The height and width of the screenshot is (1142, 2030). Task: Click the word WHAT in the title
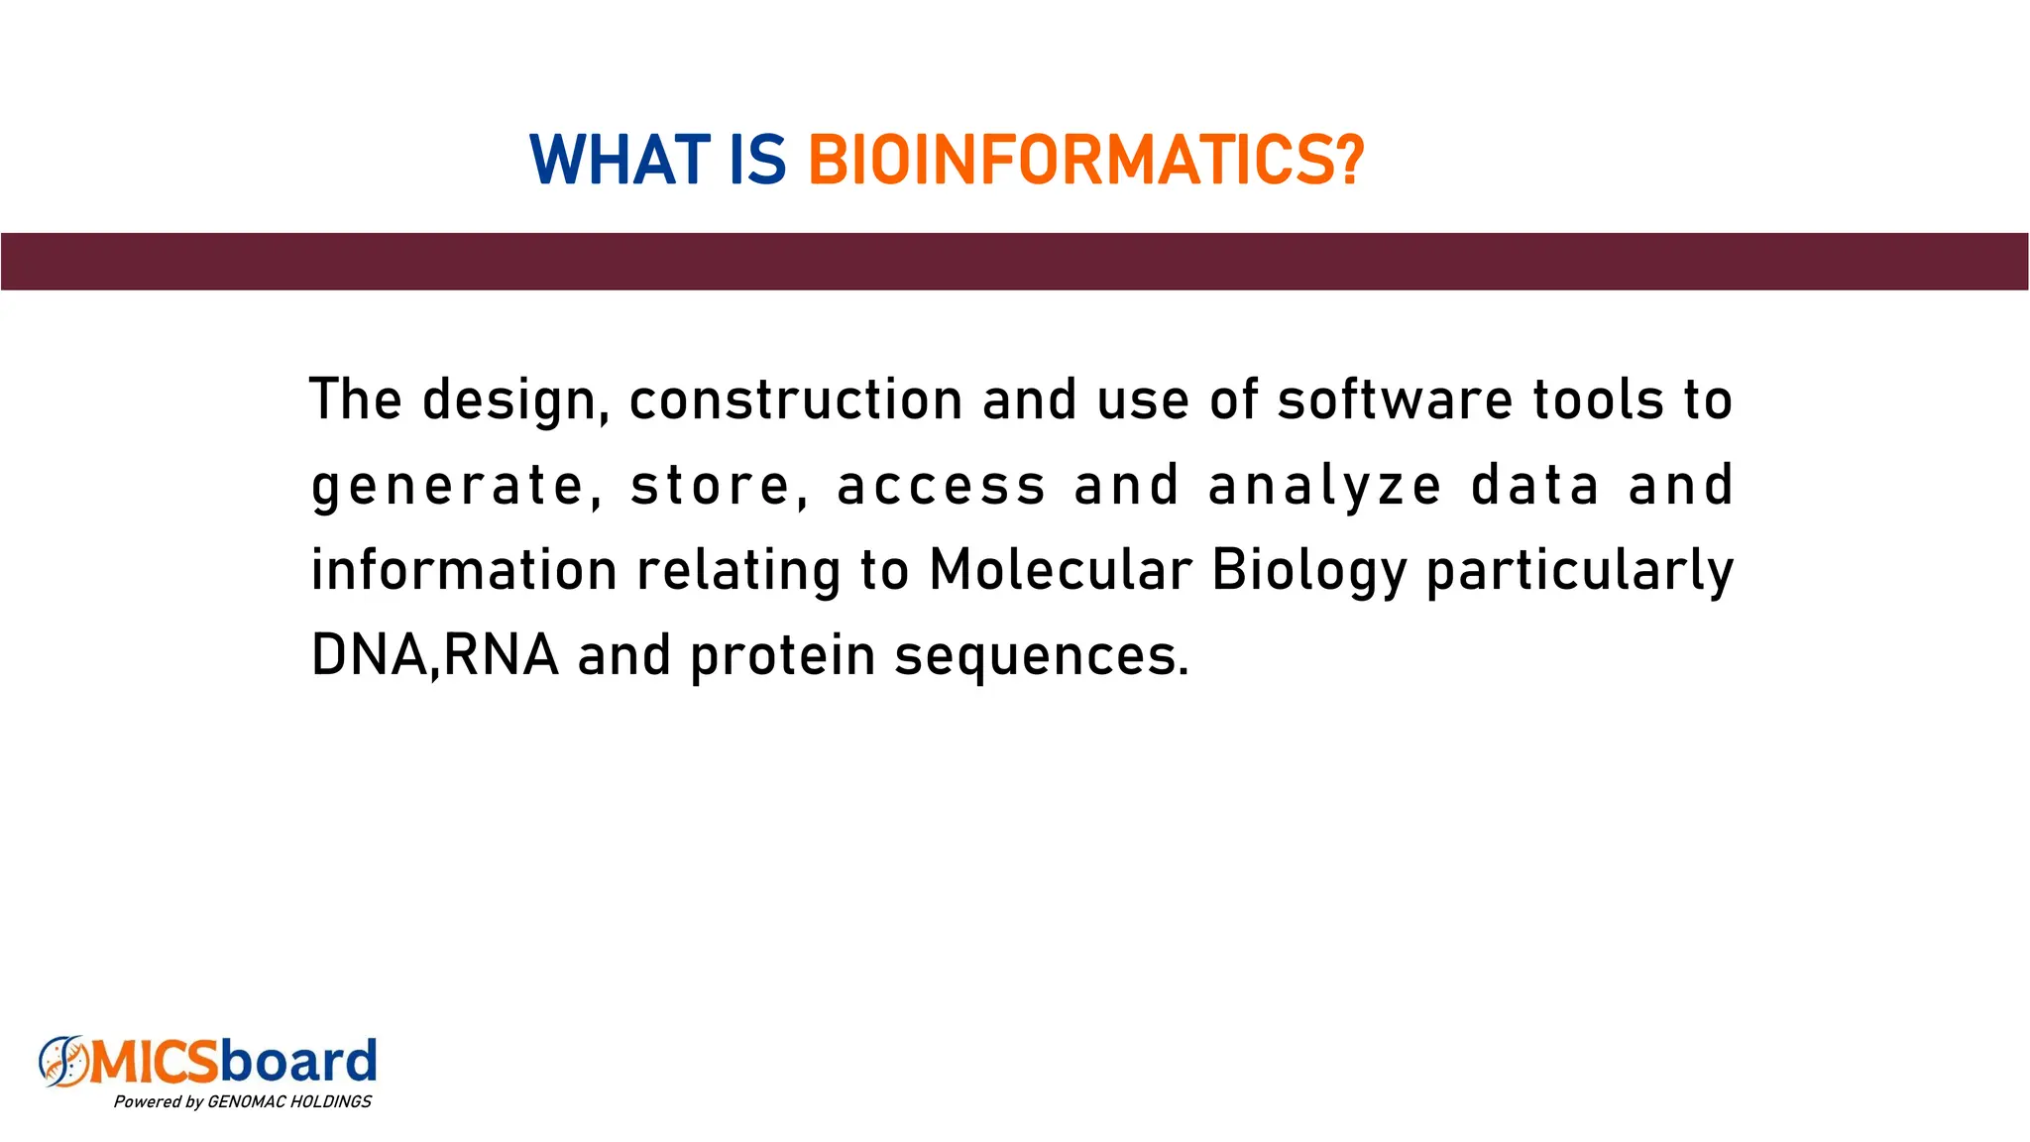(620, 161)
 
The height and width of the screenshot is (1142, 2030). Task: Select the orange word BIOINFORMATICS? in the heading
(1086, 161)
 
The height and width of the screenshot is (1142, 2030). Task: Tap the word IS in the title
(757, 161)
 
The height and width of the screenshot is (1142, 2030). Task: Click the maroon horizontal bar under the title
(1015, 262)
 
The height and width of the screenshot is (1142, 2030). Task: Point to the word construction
(796, 400)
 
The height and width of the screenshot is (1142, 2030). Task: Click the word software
(1395, 400)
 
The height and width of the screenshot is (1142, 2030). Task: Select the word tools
(1598, 400)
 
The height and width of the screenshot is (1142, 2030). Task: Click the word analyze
(1324, 486)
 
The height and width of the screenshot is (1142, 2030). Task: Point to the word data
(1535, 486)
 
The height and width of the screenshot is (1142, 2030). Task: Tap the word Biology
(1308, 572)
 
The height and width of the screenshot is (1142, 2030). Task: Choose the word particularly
(1580, 572)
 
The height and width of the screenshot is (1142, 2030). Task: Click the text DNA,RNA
(435, 655)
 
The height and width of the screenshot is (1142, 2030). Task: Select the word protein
(783, 657)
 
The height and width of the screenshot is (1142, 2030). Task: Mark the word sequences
(1041, 657)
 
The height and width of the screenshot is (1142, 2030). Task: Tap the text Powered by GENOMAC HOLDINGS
(242, 1101)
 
